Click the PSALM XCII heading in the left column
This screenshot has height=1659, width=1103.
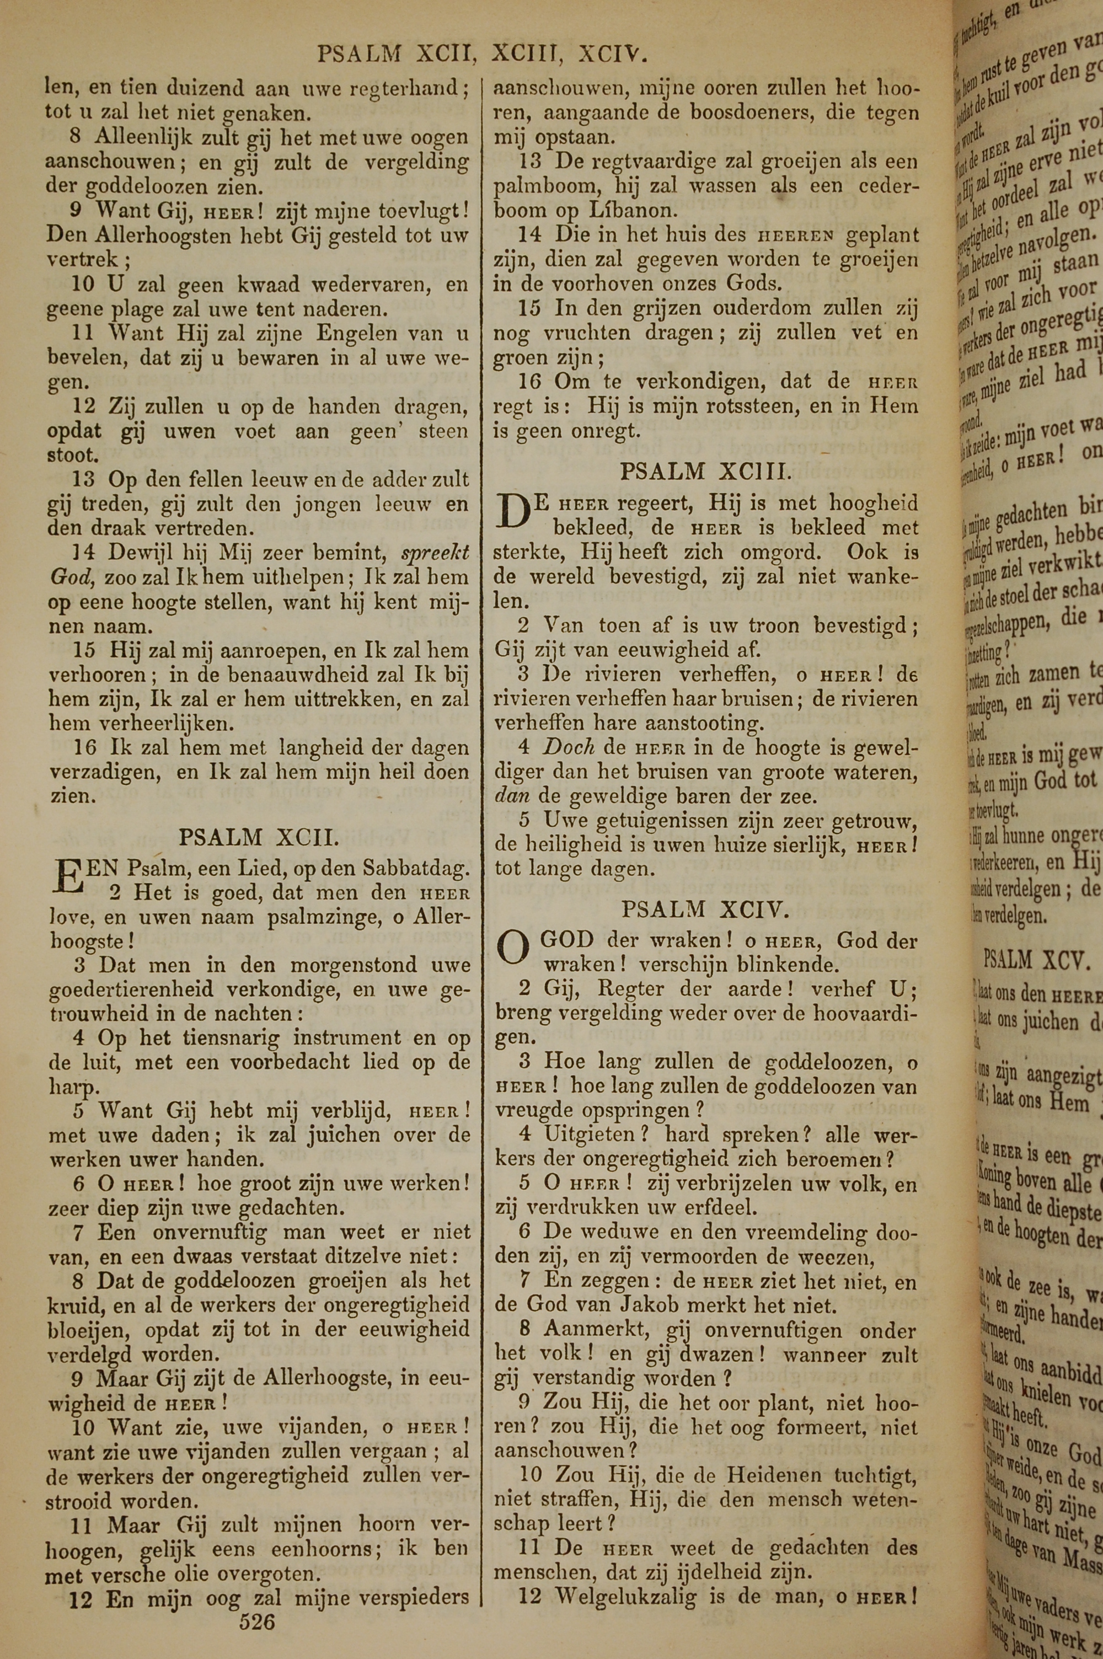click(x=260, y=838)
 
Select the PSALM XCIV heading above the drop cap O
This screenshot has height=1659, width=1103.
click(x=705, y=910)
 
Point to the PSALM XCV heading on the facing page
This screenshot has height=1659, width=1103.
click(x=1037, y=960)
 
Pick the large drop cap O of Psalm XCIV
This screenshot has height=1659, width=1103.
click(x=513, y=949)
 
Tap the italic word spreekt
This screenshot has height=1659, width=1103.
click(x=435, y=553)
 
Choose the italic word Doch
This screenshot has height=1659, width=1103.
click(x=569, y=747)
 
